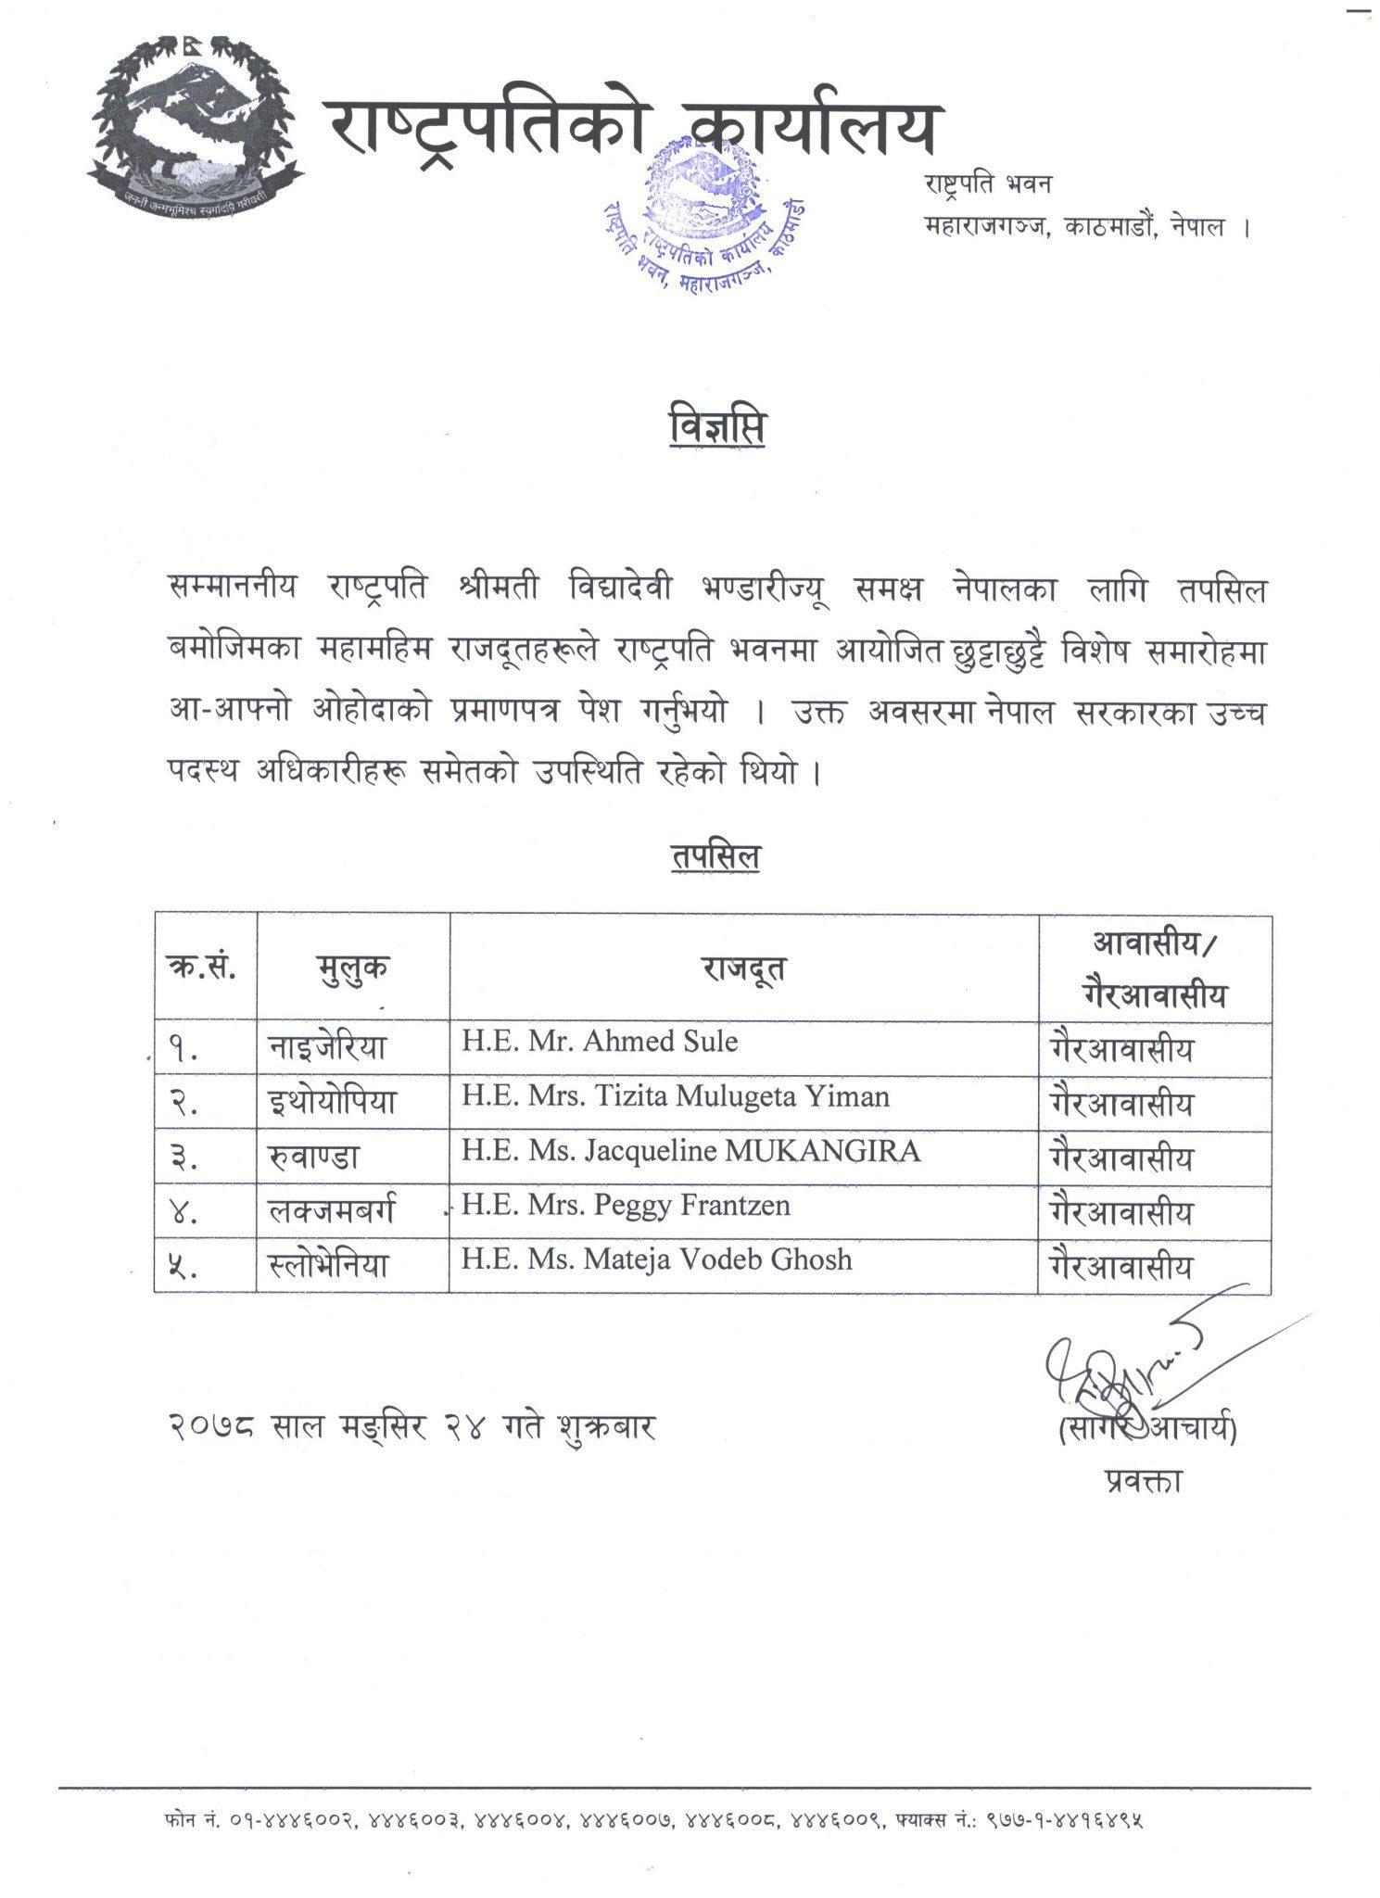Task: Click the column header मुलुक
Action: pyautogui.click(x=352, y=968)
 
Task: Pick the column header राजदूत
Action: pyautogui.click(x=743, y=968)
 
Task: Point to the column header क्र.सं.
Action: pyautogui.click(x=204, y=968)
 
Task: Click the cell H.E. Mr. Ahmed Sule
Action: pyautogui.click(x=600, y=1043)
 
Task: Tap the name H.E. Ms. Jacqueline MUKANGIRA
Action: pyautogui.click(x=691, y=1152)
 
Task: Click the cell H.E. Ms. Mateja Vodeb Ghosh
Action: pyautogui.click(x=657, y=1260)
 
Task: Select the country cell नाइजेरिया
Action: pyautogui.click(x=327, y=1048)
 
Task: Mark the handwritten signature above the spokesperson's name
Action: pyautogui.click(x=1131, y=1367)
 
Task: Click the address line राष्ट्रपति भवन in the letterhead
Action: pyautogui.click(x=988, y=183)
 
